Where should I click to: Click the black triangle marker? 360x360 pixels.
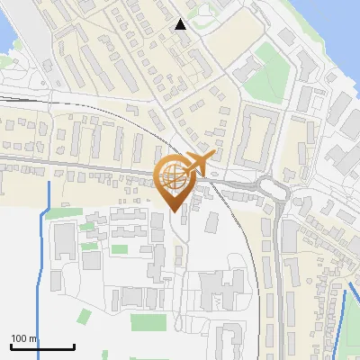pyautogui.click(x=181, y=24)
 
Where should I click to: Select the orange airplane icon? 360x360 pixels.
pyautogui.click(x=200, y=165)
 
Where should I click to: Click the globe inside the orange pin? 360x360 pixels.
pyautogui.click(x=173, y=177)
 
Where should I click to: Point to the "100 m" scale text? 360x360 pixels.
pyautogui.click(x=24, y=338)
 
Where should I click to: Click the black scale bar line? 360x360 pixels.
pyautogui.click(x=42, y=347)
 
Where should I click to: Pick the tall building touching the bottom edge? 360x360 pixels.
pyautogui.click(x=229, y=345)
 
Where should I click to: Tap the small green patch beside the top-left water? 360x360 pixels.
pyautogui.click(x=7, y=61)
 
